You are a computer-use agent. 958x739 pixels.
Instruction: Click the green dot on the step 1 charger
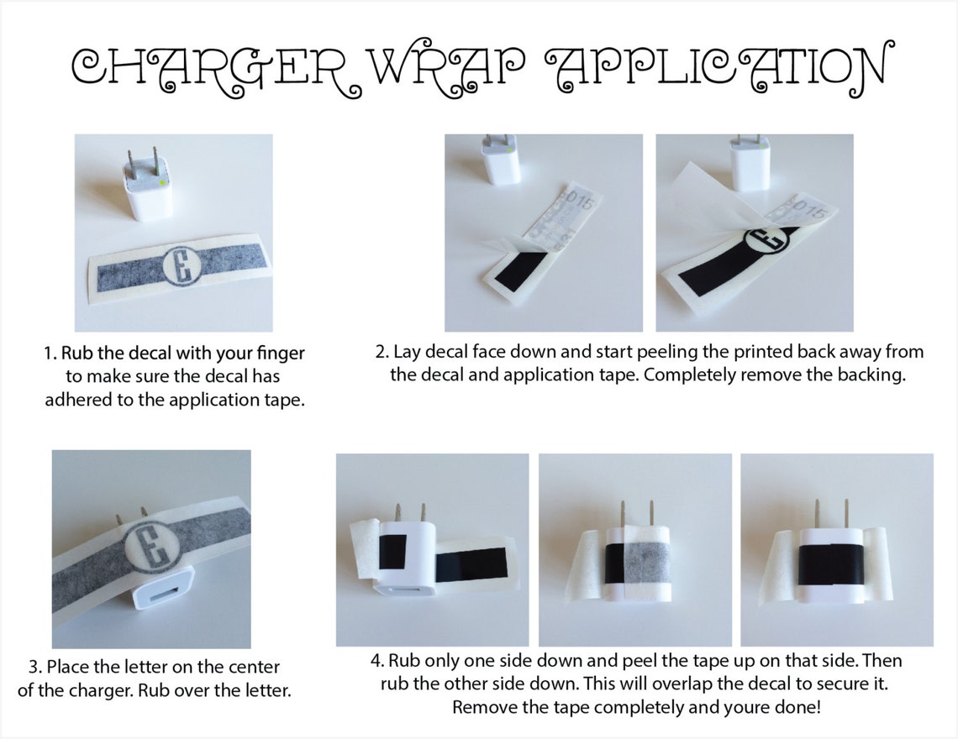(161, 181)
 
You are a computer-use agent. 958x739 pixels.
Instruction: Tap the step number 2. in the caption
(382, 353)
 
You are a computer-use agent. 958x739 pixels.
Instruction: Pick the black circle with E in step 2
(766, 238)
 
